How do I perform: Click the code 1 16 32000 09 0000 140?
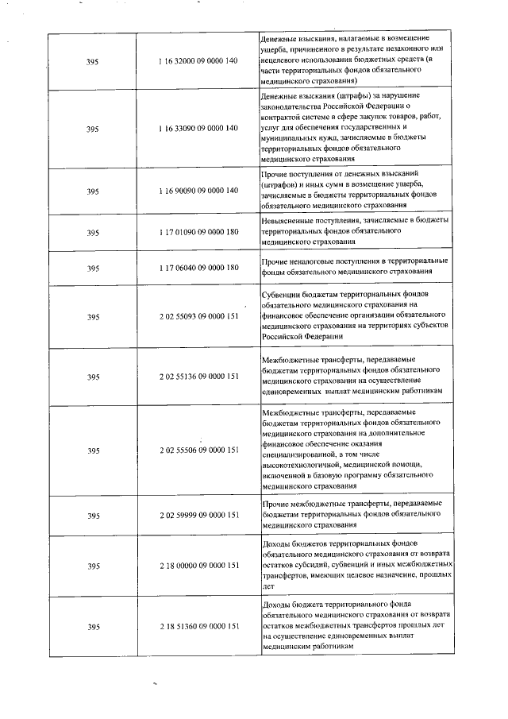coord(198,60)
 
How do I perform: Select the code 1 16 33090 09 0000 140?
coord(198,128)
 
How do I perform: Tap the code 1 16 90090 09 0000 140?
coord(198,191)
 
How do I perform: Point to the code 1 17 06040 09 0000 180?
coord(198,268)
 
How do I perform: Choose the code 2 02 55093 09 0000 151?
coord(198,316)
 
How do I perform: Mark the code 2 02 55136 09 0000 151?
coord(198,376)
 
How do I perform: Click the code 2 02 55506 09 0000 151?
coord(198,450)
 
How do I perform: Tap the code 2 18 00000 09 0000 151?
coord(198,566)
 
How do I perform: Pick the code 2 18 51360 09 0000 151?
coord(198,627)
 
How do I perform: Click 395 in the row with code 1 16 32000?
coord(93,60)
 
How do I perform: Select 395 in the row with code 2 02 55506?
coord(93,450)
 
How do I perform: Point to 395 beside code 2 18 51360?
coord(93,627)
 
